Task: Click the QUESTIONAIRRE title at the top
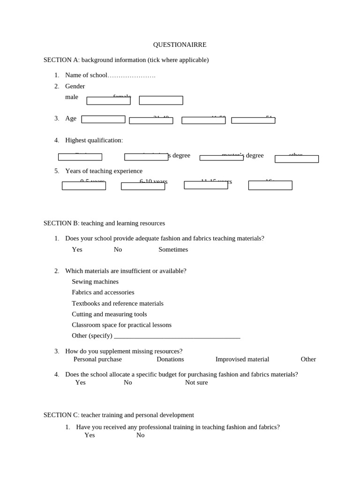pos(180,45)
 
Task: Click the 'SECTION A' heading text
pos(126,60)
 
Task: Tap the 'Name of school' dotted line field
pos(132,75)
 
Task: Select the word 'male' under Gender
pos(72,97)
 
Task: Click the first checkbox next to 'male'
pos(108,101)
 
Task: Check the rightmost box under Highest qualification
pos(296,159)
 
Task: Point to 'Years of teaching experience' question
pos(104,171)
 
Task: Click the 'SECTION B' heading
pos(104,223)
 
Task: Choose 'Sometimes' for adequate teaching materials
pos(173,249)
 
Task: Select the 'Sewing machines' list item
pos(95,282)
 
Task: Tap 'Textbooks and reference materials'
pos(118,303)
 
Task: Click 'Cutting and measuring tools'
pos(109,314)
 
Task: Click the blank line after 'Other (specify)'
pos(177,336)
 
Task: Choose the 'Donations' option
pos(170,359)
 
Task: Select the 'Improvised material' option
pos(242,359)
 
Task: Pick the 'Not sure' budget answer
pos(196,382)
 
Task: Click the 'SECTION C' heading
pos(119,415)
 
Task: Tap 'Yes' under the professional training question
pos(90,435)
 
